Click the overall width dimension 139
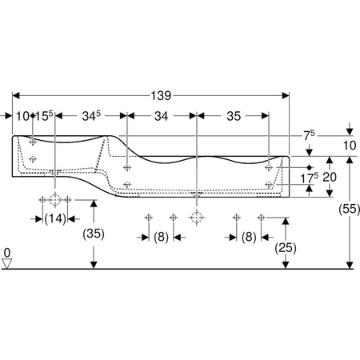[x=161, y=95]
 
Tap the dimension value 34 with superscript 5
[x=91, y=116]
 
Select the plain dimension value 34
[x=161, y=116]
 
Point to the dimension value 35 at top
[x=234, y=116]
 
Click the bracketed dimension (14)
[x=55, y=219]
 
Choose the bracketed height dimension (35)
[x=94, y=234]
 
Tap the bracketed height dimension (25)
[x=286, y=248]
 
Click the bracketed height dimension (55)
[x=349, y=209]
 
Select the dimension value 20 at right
[x=330, y=177]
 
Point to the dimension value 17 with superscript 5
[x=309, y=178]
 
